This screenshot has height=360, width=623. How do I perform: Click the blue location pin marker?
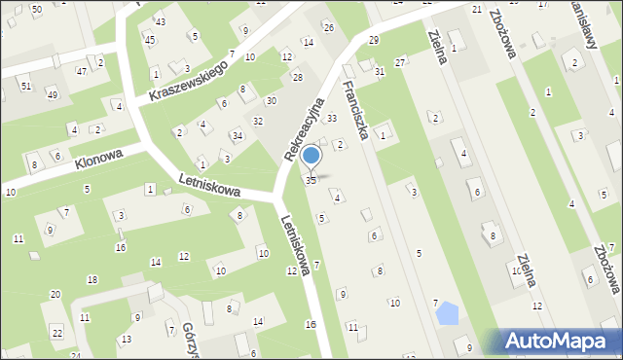click(x=311, y=156)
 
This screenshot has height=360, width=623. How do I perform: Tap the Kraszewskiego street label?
click(x=189, y=82)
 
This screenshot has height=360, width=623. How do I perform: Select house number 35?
click(x=311, y=180)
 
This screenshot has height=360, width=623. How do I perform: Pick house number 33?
click(x=331, y=118)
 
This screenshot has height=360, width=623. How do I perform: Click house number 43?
click(x=161, y=21)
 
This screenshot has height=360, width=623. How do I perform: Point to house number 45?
click(x=149, y=40)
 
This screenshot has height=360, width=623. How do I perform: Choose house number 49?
click(x=52, y=94)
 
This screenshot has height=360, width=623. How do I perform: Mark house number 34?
click(x=237, y=134)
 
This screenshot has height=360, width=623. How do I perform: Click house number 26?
click(x=329, y=26)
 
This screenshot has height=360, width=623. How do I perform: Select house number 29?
click(x=374, y=39)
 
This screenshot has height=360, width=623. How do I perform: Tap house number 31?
click(x=380, y=72)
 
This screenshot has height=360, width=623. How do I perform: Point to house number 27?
click(x=399, y=61)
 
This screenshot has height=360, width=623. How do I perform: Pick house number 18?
click(x=92, y=279)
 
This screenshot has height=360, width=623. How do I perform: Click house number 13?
click(x=127, y=339)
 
